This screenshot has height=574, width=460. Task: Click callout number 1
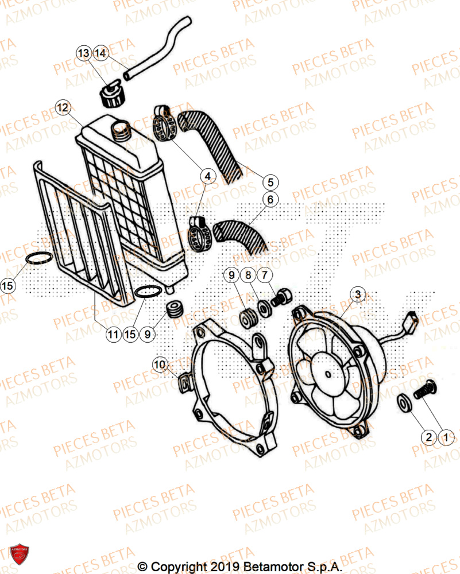(x=444, y=437)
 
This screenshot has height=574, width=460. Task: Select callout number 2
(x=428, y=437)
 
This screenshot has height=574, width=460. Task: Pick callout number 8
(x=248, y=276)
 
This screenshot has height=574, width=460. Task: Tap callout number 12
(x=63, y=107)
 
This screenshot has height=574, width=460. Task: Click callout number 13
(x=83, y=53)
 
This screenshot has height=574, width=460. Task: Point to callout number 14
(x=100, y=53)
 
